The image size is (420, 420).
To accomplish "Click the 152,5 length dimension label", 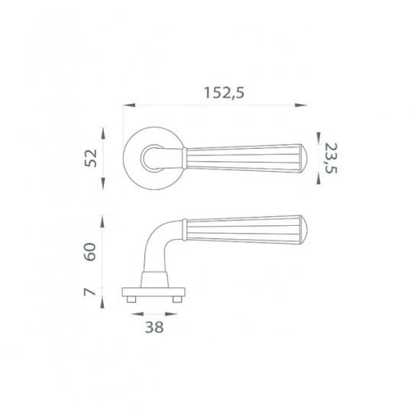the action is [225, 93].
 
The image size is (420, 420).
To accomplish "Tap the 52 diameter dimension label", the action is [91, 158].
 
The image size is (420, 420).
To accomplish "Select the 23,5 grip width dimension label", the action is [331, 158].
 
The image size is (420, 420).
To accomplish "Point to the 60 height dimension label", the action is [90, 252].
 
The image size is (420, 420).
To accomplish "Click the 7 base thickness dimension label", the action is [90, 292].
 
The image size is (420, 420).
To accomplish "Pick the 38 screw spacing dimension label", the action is [154, 327].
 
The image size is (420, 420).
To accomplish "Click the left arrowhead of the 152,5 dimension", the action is [129, 105].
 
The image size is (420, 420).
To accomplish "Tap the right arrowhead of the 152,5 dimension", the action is [301, 105].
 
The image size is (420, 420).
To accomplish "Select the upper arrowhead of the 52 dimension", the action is [103, 133].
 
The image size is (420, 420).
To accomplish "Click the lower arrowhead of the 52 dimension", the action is [103, 183].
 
